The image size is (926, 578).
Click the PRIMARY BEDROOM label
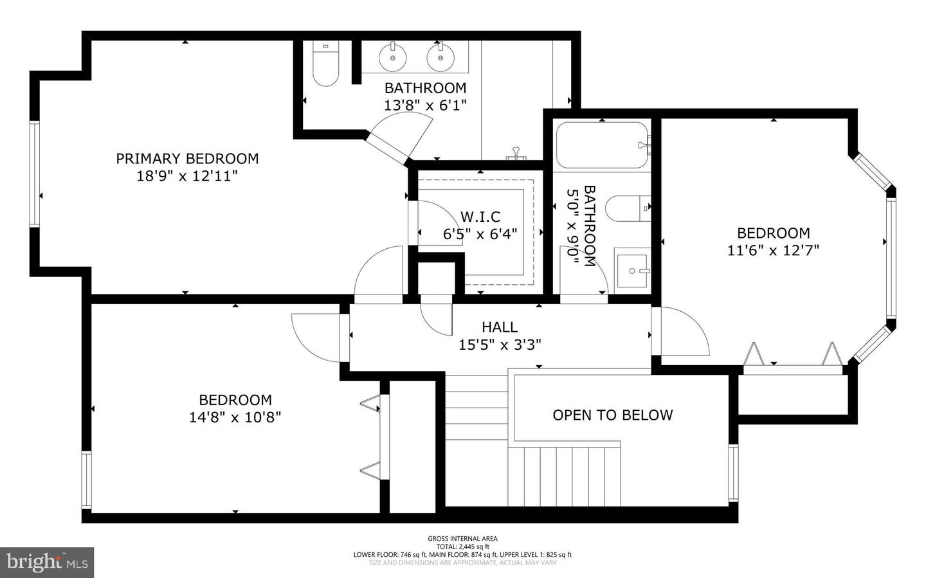point(187,158)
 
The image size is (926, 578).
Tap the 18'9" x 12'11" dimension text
point(187,176)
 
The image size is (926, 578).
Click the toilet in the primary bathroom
point(326,65)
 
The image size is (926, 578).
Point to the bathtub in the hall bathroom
point(602,146)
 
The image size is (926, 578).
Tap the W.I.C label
point(480,217)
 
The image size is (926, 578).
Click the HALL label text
point(500,327)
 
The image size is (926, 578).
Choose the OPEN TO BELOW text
point(612,415)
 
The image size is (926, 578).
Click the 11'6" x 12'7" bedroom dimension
point(773,251)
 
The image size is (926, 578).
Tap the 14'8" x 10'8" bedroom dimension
point(235,417)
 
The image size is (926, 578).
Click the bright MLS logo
point(47,563)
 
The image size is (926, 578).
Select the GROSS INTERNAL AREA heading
point(462,539)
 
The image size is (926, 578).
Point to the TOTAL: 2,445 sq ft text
point(462,546)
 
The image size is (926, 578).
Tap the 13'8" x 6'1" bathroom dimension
point(425,105)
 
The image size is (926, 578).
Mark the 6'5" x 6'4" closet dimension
point(480,235)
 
